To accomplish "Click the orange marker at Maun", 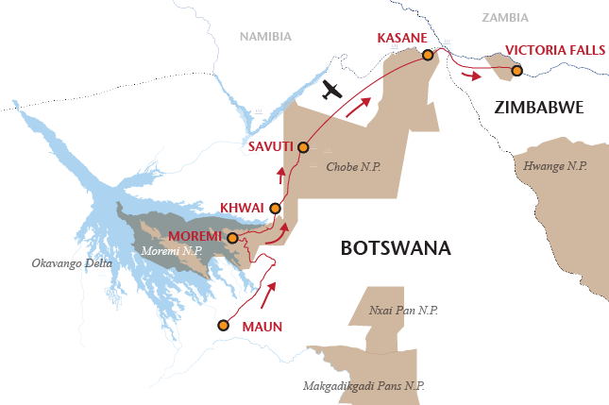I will pos(223,326).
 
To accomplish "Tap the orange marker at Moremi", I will pos(232,239).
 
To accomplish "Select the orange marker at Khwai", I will pos(275,209).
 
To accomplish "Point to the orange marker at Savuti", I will pos(303,147).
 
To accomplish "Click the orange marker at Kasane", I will pos(428,56).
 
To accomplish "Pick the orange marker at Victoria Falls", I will pos(516,70).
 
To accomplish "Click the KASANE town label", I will pos(404,38).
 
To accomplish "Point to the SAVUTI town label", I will pos(270,147).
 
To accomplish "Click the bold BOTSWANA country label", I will pos(396,249).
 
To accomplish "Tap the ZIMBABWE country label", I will pos(539,109).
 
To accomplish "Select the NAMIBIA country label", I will pos(267,36).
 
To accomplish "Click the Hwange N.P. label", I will pos(554,165).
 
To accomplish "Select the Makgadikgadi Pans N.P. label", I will pos(364,385).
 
